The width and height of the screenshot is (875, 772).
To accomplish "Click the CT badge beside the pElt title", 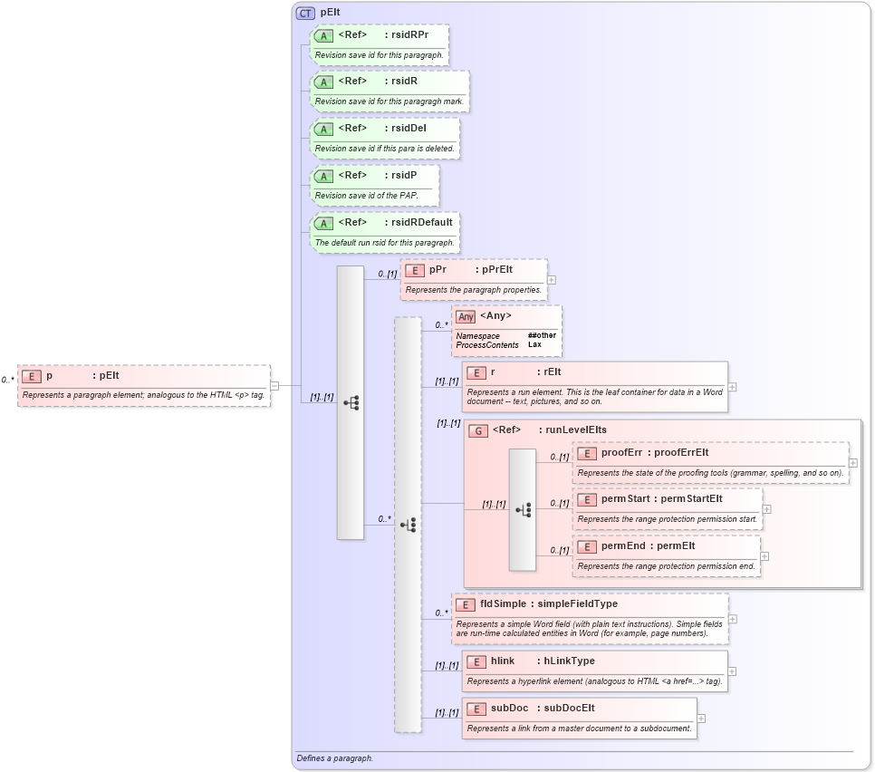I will pyautogui.click(x=305, y=14).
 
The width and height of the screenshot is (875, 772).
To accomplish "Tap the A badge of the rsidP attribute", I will pyautogui.click(x=323, y=175).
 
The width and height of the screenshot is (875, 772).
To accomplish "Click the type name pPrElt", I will pyautogui.click(x=496, y=270).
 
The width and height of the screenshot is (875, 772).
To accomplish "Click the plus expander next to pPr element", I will pyautogui.click(x=552, y=280).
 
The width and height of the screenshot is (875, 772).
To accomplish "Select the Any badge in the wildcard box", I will pyautogui.click(x=466, y=316).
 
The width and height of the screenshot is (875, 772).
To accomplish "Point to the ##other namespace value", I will pyautogui.click(x=542, y=336).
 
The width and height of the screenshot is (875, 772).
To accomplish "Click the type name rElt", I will pyautogui.click(x=549, y=372).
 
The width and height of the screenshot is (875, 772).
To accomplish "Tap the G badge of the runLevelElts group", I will pyautogui.click(x=478, y=430).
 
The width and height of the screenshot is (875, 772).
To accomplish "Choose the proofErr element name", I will pyautogui.click(x=621, y=453).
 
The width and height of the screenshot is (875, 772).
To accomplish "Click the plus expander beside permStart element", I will pyautogui.click(x=767, y=509).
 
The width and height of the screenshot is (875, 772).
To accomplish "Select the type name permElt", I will pyautogui.click(x=676, y=545).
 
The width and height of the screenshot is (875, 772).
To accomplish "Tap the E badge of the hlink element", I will pyautogui.click(x=476, y=661).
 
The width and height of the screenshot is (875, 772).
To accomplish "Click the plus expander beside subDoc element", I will pyautogui.click(x=701, y=719).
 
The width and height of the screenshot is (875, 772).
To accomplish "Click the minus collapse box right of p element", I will pyautogui.click(x=274, y=385).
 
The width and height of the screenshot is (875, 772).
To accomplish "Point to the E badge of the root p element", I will pyautogui.click(x=32, y=376).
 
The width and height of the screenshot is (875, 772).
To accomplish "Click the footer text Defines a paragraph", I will pyautogui.click(x=334, y=758).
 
